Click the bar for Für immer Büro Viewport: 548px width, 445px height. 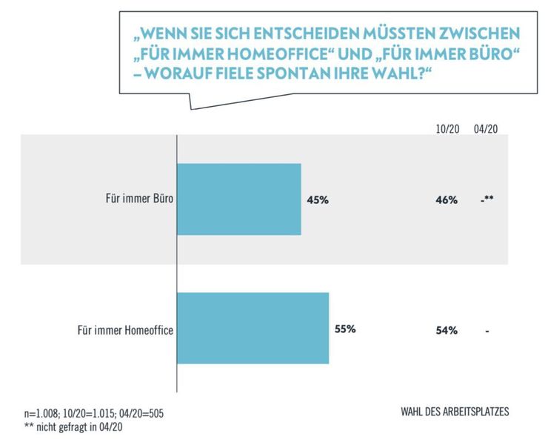238,199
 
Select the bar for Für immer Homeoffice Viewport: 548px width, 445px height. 253,328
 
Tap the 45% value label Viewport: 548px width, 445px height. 316,200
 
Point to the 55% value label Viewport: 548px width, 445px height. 345,329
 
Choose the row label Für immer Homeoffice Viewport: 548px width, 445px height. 125,329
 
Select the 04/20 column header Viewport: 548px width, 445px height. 486,128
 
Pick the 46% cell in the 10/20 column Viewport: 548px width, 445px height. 447,200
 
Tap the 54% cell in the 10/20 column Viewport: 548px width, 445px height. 447,330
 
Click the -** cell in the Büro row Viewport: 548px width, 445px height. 487,200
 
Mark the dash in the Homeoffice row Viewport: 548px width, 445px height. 487,331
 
